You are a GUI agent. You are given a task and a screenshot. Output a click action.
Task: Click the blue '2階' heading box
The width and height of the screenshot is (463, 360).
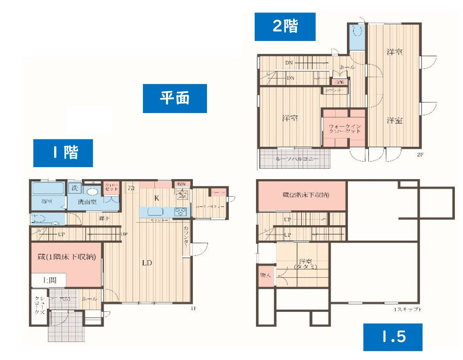pyautogui.click(x=285, y=26)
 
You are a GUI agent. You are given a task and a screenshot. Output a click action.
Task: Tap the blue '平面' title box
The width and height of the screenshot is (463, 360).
pyautogui.click(x=175, y=99)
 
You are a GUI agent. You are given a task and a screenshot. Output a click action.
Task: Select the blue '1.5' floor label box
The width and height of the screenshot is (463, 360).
pyautogui.click(x=393, y=337)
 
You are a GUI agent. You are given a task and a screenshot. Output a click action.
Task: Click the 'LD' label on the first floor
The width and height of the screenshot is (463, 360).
pyautogui.click(x=147, y=263)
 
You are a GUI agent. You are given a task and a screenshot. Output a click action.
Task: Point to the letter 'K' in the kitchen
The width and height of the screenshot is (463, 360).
pyautogui.click(x=156, y=198)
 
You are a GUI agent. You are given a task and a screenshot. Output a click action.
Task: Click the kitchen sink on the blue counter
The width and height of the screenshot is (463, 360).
pyautogui.click(x=154, y=212)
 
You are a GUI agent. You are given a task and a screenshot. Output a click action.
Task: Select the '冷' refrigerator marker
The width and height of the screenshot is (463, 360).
pyautogui.click(x=131, y=188)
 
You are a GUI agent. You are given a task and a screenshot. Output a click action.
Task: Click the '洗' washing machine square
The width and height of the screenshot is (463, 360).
pyautogui.click(x=75, y=188)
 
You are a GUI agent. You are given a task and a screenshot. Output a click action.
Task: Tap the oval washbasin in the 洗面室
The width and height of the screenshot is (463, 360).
pyautogui.click(x=90, y=192)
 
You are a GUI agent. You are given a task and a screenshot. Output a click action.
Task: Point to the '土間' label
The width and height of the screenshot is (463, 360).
pyautogui.click(x=48, y=280)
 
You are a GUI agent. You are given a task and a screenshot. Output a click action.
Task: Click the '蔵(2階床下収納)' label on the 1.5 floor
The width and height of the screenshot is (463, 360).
pyautogui.click(x=302, y=195)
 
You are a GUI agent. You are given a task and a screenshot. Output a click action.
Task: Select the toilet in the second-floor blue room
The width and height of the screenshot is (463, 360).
pyautogui.click(x=358, y=31)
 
